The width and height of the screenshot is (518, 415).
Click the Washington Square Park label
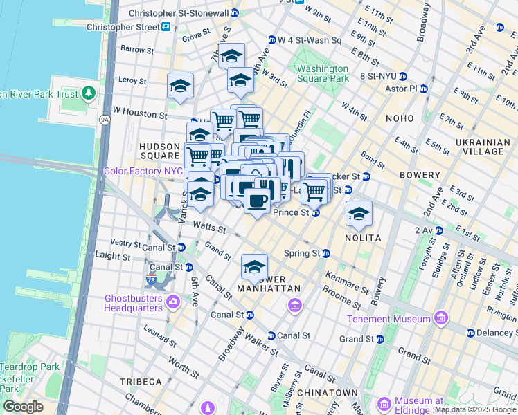point(323,73)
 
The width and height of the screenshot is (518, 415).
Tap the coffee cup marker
point(256,201)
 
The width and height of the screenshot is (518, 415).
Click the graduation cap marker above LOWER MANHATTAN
point(254,267)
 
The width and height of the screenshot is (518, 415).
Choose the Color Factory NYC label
point(143,171)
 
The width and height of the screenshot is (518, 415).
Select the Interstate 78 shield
point(151,279)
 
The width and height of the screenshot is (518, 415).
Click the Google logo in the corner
point(23,406)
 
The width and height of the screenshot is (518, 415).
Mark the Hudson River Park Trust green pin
point(88,93)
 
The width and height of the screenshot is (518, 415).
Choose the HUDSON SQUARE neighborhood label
point(160,151)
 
